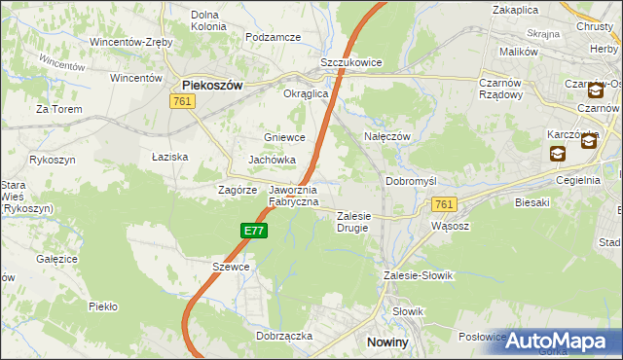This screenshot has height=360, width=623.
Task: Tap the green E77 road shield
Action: pos(253,231)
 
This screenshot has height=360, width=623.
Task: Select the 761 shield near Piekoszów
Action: pos(182,101)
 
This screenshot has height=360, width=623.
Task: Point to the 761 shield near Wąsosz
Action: pos(444,204)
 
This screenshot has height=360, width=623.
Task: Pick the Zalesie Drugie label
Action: pos(354,221)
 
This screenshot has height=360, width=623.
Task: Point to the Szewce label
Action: pos(231,266)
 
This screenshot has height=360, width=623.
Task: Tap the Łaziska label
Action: pos(169,156)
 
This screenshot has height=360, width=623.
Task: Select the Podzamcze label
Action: pos(273,36)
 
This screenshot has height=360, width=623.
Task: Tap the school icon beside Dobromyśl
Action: pos(557,153)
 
